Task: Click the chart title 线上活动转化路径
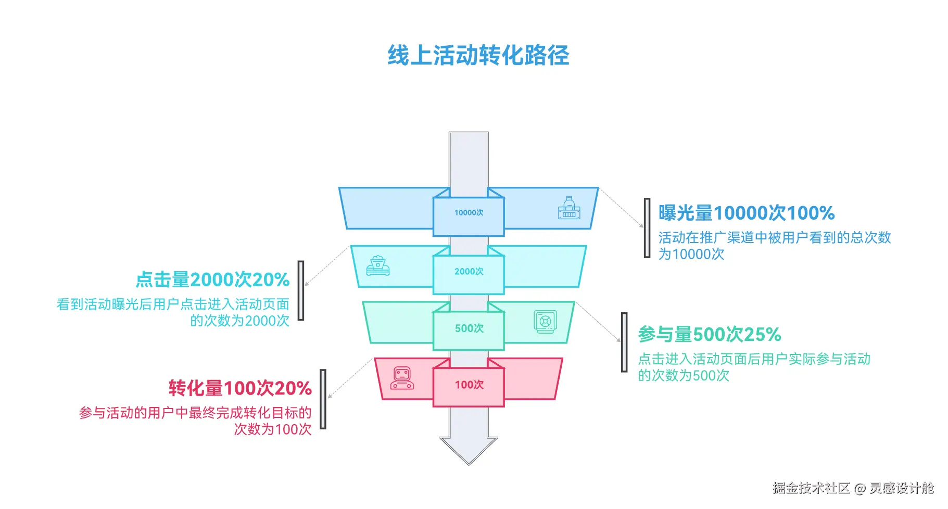[478, 55]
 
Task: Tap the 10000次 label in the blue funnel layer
[469, 213]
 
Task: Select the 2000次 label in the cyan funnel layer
[469, 272]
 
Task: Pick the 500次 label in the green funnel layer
[469, 328]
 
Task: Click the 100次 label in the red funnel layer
[469, 385]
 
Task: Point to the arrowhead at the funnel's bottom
[469, 450]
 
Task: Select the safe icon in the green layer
[545, 322]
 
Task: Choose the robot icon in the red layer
[402, 378]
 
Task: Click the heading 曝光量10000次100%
[746, 213]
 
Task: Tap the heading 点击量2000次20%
[212, 279]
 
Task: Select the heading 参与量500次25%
[710, 334]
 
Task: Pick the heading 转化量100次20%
[240, 388]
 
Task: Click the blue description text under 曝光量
[774, 246]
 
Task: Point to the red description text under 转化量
[195, 421]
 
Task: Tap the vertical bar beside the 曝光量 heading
[647, 228]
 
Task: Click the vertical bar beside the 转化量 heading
[323, 399]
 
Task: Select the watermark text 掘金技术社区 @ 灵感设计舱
[853, 488]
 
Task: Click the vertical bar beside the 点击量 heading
[301, 290]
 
